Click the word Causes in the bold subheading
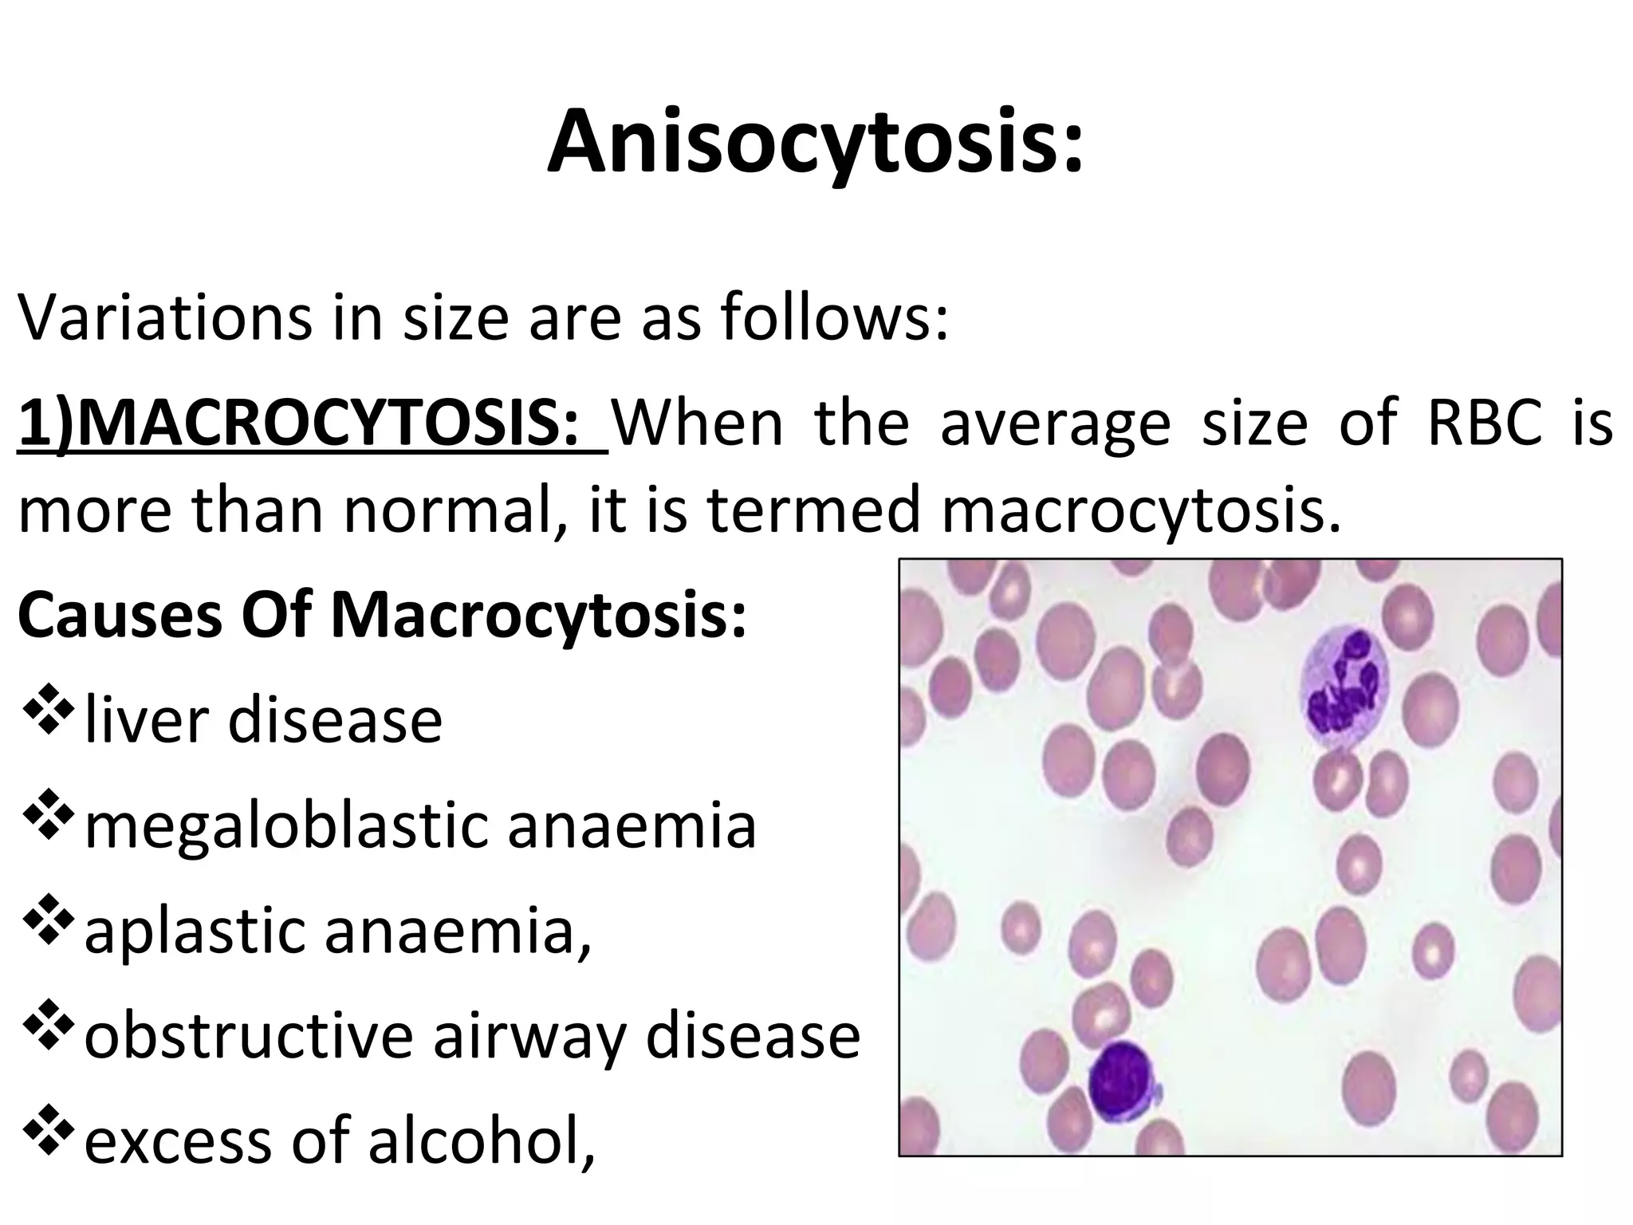tap(120, 615)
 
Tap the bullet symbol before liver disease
tap(49, 714)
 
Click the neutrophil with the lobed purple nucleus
tap(1344, 688)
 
